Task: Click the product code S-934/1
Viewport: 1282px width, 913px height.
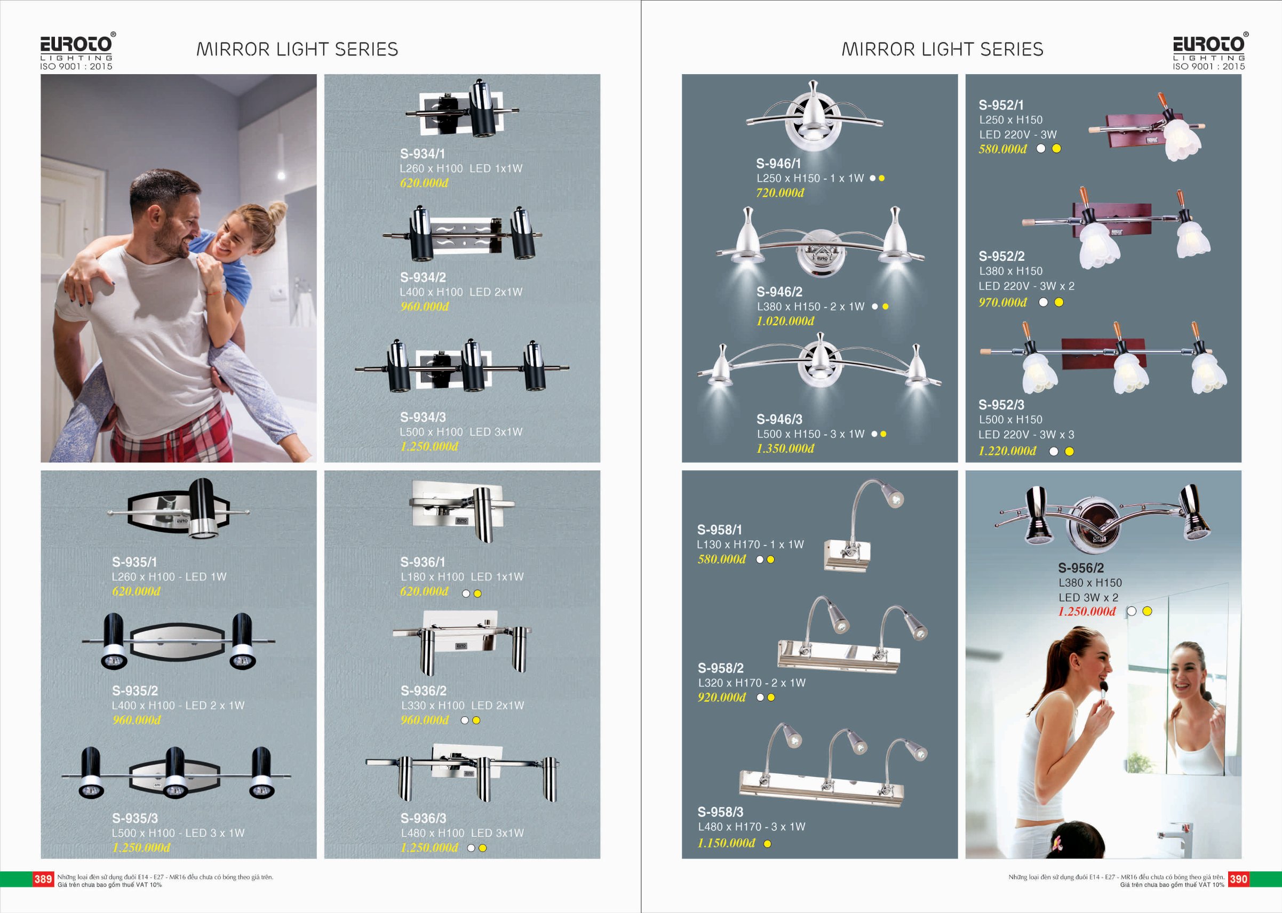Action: click(x=423, y=154)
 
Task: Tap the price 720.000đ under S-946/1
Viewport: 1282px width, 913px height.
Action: click(x=780, y=193)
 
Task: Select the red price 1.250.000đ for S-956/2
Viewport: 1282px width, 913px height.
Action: click(x=1086, y=611)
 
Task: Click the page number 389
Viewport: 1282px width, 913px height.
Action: click(x=43, y=879)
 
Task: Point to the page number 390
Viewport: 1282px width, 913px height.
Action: click(x=1238, y=879)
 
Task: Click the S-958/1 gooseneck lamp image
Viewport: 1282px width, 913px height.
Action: click(x=863, y=525)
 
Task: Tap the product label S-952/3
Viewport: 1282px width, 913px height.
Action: click(x=1001, y=405)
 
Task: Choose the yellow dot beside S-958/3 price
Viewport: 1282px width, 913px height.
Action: click(x=768, y=843)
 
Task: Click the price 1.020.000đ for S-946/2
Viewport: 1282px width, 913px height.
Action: click(x=785, y=321)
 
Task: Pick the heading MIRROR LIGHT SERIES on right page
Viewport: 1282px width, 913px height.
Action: click(x=942, y=50)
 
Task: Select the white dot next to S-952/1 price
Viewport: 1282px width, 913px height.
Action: click(x=1041, y=148)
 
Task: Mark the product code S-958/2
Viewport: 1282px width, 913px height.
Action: click(x=720, y=668)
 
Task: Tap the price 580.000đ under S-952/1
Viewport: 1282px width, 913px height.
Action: click(x=1002, y=149)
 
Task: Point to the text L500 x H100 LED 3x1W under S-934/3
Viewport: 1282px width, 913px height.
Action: click(x=461, y=432)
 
